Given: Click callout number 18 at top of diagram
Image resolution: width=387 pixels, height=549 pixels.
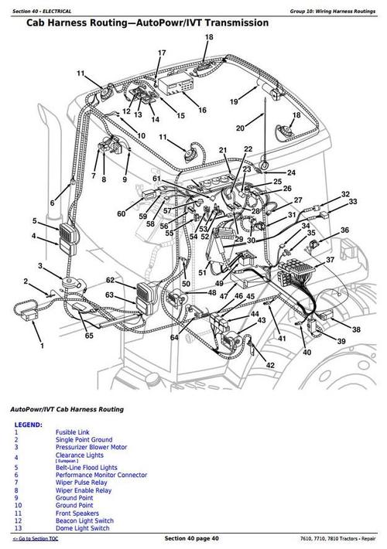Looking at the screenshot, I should point(209,37).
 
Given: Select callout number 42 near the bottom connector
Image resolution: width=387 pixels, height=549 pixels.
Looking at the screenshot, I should point(269,365).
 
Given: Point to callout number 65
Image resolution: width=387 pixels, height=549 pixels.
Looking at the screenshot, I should point(89,336).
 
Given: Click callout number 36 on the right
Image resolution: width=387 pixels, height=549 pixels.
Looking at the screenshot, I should point(344,230).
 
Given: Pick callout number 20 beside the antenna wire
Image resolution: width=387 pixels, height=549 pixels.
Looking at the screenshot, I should point(240,128).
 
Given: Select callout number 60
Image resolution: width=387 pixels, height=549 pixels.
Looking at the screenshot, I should point(121,213).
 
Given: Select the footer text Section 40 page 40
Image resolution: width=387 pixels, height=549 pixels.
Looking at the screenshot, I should point(192,538).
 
